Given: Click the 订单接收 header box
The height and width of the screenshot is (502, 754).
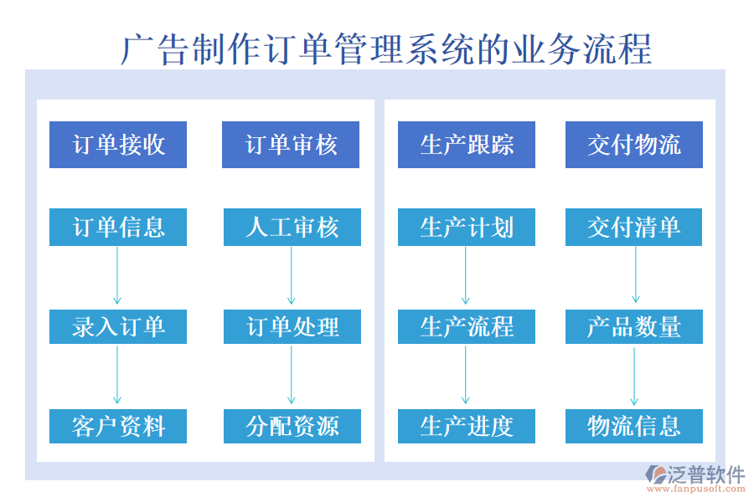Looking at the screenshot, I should pyautogui.click(x=118, y=145).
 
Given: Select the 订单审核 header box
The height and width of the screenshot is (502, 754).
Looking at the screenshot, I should pyautogui.click(x=291, y=145).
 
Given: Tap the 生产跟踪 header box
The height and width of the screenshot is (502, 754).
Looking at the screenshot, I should pyautogui.click(x=466, y=145).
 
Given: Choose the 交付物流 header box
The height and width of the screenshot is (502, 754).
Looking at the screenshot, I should pyautogui.click(x=634, y=145).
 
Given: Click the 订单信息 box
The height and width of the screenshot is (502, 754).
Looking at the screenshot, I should pyautogui.click(x=118, y=227).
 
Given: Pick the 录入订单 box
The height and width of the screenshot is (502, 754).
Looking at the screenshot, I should pyautogui.click(x=118, y=326).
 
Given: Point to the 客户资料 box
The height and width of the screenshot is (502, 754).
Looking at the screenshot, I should pyautogui.click(x=118, y=426).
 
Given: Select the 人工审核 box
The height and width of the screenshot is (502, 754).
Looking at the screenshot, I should pyautogui.click(x=292, y=227).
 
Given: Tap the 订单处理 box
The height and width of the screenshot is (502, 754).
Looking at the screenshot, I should pyautogui.click(x=292, y=326).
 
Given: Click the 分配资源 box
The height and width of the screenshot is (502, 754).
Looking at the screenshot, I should pyautogui.click(x=292, y=426).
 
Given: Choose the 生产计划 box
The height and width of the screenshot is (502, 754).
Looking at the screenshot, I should pyautogui.click(x=466, y=227).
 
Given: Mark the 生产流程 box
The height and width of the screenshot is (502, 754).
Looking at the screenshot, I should pyautogui.click(x=466, y=326).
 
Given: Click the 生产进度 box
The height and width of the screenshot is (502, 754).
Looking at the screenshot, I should pyautogui.click(x=466, y=426).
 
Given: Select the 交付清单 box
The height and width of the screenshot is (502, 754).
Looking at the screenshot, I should pyautogui.click(x=634, y=227).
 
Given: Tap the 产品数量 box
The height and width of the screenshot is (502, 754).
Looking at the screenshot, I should pyautogui.click(x=634, y=326).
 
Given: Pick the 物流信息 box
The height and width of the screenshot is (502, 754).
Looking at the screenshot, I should pyautogui.click(x=634, y=426).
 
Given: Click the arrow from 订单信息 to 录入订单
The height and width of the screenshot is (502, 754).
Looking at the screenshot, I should pyautogui.click(x=117, y=276).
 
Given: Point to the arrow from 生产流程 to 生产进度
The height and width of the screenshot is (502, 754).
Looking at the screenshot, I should pyautogui.click(x=466, y=376).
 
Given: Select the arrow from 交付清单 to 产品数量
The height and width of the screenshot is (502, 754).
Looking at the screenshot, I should pyautogui.click(x=635, y=276).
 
